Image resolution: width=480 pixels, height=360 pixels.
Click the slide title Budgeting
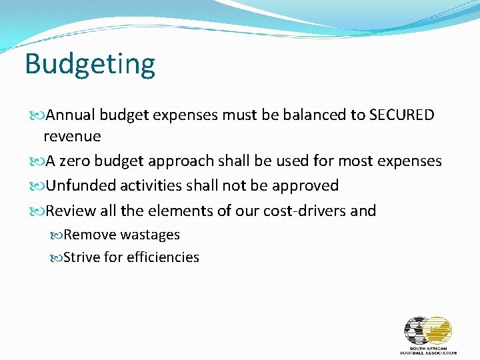[90, 65]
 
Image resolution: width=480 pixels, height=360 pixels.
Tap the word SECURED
[401, 115]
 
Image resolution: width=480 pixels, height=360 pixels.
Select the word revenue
[72, 137]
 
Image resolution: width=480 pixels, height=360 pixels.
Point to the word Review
[71, 211]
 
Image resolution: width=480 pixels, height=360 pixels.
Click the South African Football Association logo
[428, 335]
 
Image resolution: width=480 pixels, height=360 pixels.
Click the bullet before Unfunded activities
[38, 186]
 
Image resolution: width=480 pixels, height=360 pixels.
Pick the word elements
[172, 211]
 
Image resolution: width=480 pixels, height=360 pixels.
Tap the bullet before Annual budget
[38, 115]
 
